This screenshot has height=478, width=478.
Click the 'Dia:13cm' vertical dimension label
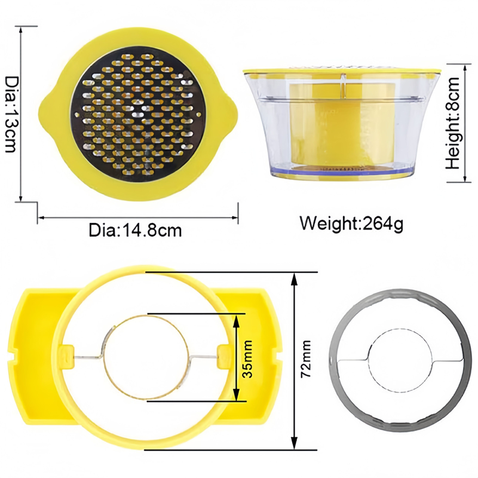[12, 114]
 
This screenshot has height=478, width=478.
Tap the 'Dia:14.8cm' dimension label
[135, 231]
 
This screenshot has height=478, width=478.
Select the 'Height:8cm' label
[452, 123]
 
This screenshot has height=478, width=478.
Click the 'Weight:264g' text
[351, 223]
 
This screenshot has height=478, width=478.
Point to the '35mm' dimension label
[247, 359]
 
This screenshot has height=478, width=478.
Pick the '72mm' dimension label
[306, 359]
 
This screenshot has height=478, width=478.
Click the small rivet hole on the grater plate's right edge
[199, 115]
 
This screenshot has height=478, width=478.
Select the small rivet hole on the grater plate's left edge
[77, 115]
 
